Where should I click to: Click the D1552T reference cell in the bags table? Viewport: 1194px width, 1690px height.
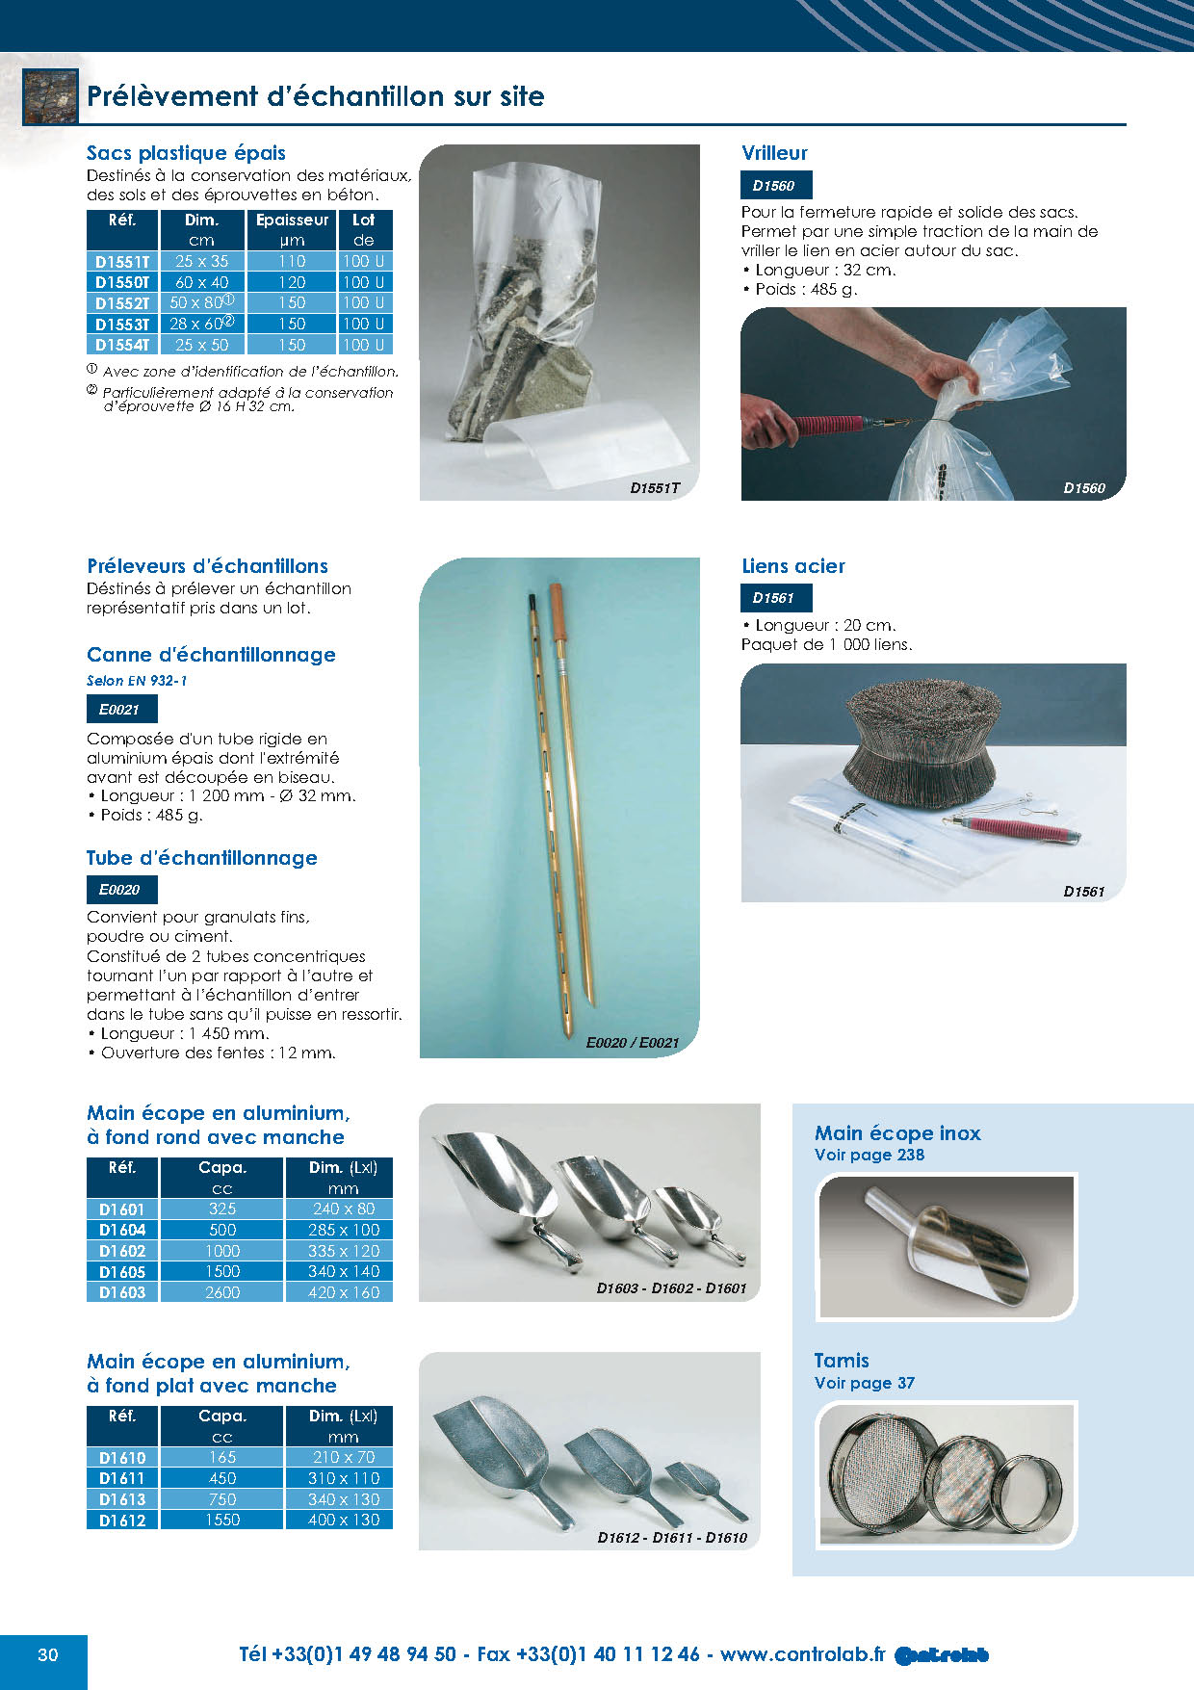coord(122,303)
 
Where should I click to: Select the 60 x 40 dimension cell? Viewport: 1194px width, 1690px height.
coord(201,282)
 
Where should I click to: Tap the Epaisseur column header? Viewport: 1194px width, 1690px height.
coord(292,221)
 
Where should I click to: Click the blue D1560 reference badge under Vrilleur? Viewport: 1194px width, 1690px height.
coord(774,186)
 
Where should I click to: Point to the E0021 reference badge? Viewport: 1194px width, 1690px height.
coord(120,710)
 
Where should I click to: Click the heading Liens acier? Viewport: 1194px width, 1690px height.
coord(793,566)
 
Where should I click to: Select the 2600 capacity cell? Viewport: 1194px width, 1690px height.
coord(222,1292)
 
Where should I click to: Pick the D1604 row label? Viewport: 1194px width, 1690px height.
coord(122,1230)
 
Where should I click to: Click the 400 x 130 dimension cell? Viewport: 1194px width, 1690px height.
coord(344,1520)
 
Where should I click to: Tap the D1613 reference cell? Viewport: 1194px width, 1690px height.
coord(122,1499)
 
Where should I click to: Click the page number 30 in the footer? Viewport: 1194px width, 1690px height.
coord(47,1655)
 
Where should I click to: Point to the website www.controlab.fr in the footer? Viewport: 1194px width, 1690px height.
coord(802,1654)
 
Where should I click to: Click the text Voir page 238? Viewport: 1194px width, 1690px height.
coord(870,1155)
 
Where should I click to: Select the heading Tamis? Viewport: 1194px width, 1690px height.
coord(842,1361)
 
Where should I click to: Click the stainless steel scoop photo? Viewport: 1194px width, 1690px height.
coord(947,1247)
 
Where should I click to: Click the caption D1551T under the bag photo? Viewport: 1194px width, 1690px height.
coord(655,488)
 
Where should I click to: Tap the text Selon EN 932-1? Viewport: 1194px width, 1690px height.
coord(137,681)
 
